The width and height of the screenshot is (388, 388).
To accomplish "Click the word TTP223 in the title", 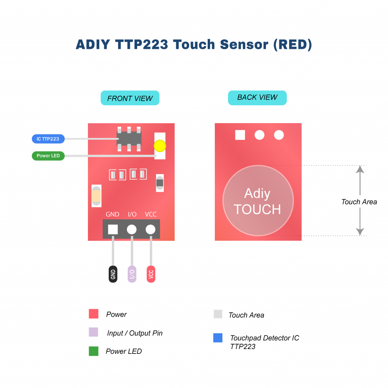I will click(x=142, y=45).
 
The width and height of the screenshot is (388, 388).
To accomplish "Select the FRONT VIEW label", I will click(x=130, y=98).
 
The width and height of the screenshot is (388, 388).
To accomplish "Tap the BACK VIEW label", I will click(x=257, y=97).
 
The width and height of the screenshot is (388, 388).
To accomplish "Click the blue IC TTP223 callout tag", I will click(x=48, y=139).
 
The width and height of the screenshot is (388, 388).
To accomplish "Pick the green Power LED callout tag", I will click(x=48, y=156).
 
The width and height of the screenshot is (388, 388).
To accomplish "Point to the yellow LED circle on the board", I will click(x=160, y=146).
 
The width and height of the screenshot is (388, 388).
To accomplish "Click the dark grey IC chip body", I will click(x=129, y=138).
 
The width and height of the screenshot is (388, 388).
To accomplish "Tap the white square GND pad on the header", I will click(x=113, y=229).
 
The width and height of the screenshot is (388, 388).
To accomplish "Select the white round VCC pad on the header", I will click(x=150, y=229).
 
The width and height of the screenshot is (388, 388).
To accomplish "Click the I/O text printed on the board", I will click(x=132, y=214).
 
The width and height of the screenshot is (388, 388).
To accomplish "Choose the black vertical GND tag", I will click(x=113, y=274).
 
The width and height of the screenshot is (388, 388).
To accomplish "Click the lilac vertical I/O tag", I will click(x=132, y=274).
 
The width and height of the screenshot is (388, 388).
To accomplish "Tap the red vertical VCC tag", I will click(x=151, y=274).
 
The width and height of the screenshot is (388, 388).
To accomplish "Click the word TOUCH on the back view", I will click(x=257, y=209).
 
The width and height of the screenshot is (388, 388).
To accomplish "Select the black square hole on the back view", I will click(x=240, y=135).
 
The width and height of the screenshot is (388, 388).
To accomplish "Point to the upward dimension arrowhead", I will click(x=360, y=169).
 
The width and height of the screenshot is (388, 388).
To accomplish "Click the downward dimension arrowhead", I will click(x=360, y=232).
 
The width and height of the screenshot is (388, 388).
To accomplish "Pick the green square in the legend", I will click(x=94, y=351).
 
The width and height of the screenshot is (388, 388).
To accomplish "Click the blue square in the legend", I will click(x=217, y=338).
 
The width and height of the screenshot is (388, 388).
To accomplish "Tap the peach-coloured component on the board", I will click(x=97, y=196).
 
